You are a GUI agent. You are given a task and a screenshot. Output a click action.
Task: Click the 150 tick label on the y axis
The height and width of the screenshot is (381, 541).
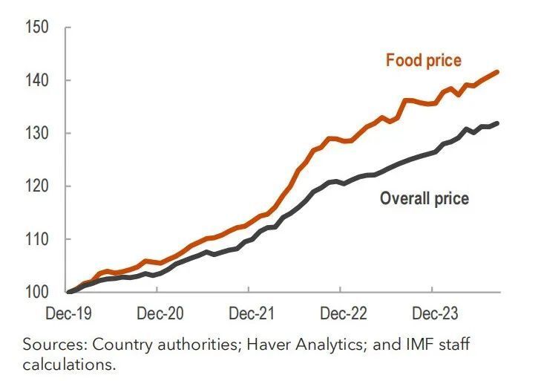click(x=36, y=28)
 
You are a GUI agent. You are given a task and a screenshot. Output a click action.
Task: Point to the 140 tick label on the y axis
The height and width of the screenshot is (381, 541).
click(x=36, y=80)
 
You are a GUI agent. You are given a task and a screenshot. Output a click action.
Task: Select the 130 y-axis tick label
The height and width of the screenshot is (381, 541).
click(x=36, y=134)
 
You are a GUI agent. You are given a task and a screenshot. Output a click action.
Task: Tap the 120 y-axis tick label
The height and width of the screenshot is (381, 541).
click(x=36, y=186)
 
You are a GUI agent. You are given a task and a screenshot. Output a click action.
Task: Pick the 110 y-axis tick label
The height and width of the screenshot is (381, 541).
click(x=36, y=239)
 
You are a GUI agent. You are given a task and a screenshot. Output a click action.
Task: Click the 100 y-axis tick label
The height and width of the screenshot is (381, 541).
click(x=36, y=292)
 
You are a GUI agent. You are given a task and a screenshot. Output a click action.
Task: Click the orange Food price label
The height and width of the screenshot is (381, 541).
click(x=423, y=60)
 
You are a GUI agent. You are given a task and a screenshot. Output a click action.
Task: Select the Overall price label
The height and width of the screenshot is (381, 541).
click(x=424, y=198)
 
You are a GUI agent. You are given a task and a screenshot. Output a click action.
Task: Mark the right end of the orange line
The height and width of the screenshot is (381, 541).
click(x=497, y=71)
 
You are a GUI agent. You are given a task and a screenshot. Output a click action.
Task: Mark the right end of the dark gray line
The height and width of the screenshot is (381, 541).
click(x=497, y=123)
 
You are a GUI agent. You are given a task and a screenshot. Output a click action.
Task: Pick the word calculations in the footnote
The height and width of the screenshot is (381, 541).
click(x=70, y=364)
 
